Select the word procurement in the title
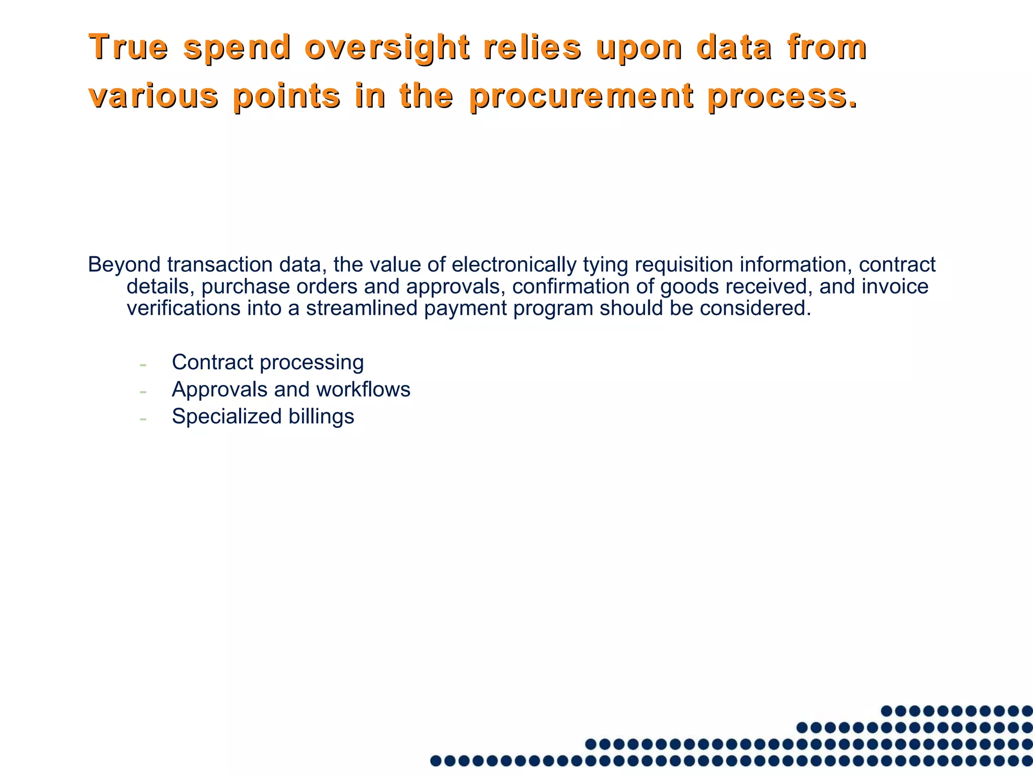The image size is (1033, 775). (581, 96)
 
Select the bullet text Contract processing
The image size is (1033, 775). (267, 362)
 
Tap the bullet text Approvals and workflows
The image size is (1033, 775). (291, 390)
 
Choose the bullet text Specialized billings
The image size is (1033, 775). (263, 417)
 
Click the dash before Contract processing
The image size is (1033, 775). (143, 364)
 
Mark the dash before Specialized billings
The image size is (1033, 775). (143, 418)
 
